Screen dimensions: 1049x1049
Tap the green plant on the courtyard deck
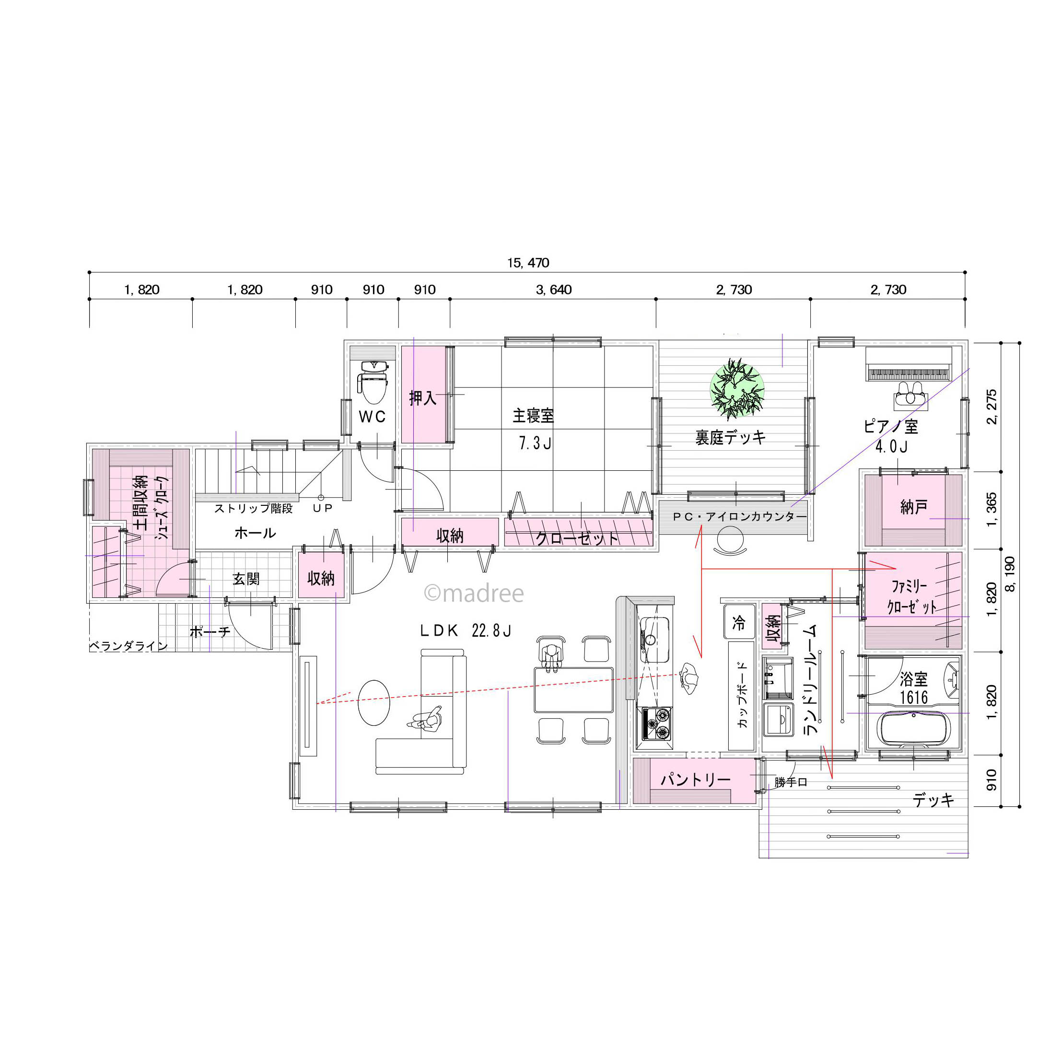click(x=737, y=388)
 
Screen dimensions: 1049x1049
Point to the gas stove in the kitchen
click(x=657, y=724)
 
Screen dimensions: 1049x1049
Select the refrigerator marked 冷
click(x=739, y=622)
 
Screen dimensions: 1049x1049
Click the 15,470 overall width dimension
click(x=528, y=263)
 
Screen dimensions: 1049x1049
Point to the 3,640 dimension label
click(x=553, y=290)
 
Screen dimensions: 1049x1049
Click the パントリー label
click(x=696, y=780)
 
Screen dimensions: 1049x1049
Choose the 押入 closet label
click(x=422, y=398)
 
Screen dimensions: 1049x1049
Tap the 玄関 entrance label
click(x=246, y=579)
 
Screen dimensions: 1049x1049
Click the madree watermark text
click(x=474, y=594)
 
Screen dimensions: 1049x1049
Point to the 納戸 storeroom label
click(x=913, y=507)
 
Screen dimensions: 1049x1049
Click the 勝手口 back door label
click(x=791, y=782)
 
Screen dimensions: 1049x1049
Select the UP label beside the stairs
click(x=323, y=508)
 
